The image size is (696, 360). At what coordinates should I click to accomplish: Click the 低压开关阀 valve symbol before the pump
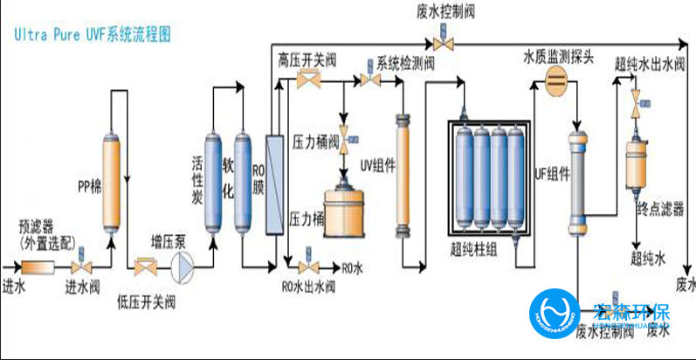click(x=143, y=265)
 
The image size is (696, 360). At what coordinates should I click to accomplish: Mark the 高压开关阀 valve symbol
click(x=307, y=80)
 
